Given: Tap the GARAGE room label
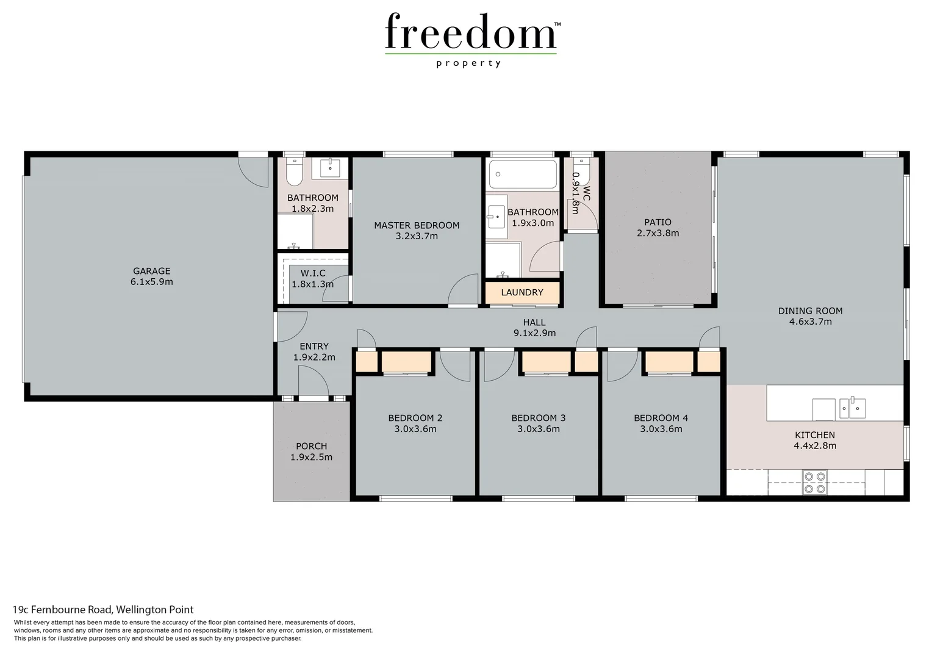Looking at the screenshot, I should [x=151, y=271].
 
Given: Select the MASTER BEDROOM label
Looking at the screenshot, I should [x=417, y=225].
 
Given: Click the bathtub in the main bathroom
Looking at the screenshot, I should [x=522, y=174].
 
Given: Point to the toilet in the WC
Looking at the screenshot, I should [x=582, y=171].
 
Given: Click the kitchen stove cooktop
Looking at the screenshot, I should [x=814, y=481].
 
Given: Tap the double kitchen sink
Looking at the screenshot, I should [x=852, y=407].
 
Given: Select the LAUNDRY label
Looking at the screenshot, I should [x=522, y=292].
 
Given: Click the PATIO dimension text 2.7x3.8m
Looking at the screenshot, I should [x=658, y=233].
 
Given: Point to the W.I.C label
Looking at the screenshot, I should [x=312, y=273].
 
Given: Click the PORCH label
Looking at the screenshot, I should [x=311, y=446].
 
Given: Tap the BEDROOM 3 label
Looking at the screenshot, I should [x=538, y=418].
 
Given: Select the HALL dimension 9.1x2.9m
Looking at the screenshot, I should [x=534, y=333].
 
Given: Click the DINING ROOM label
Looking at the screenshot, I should [x=810, y=311].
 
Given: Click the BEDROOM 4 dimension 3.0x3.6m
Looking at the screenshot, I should [x=661, y=429].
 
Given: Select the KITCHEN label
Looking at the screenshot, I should [x=814, y=435].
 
